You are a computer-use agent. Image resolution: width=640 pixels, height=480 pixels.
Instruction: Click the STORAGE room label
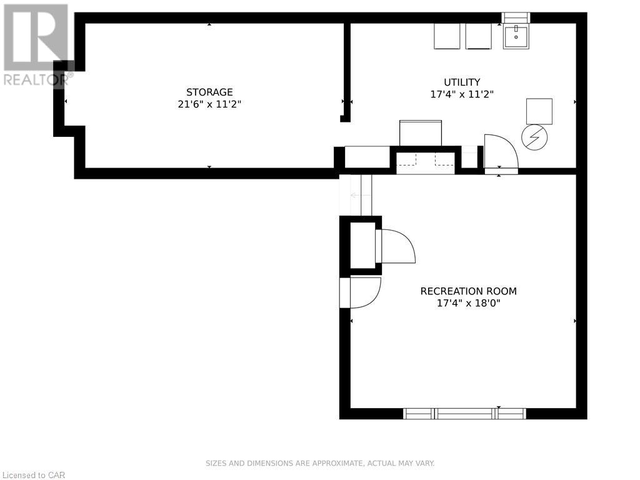[209, 92]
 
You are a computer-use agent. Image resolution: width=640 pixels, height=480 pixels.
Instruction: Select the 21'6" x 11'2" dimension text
[209, 104]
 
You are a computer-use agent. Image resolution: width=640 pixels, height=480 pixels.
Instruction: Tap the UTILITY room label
[462, 82]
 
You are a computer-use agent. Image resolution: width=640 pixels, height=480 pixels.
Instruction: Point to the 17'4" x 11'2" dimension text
[462, 94]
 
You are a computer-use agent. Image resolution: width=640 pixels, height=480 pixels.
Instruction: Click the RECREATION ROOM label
[469, 291]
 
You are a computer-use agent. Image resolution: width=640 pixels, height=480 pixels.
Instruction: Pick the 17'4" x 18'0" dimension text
[469, 303]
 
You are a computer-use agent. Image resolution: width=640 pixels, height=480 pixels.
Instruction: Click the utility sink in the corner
[516, 36]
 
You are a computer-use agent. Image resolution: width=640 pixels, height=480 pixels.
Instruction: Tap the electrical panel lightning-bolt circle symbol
[535, 137]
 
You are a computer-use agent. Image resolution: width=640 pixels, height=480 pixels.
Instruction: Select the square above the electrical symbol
[539, 111]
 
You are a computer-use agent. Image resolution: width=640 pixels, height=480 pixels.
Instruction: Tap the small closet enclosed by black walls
[362, 245]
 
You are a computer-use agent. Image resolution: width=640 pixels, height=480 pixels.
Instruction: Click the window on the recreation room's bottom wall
[465, 414]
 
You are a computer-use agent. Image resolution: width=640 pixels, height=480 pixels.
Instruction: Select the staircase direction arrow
[361, 196]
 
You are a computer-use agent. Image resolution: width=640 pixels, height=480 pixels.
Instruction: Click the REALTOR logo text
[36, 79]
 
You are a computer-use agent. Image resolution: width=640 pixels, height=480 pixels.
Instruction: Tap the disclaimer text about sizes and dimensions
[320, 463]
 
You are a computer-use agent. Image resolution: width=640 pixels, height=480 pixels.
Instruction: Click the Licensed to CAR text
[32, 475]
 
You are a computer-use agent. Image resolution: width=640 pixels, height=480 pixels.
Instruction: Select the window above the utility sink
[516, 18]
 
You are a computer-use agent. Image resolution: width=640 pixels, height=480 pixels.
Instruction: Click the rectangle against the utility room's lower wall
[421, 133]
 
